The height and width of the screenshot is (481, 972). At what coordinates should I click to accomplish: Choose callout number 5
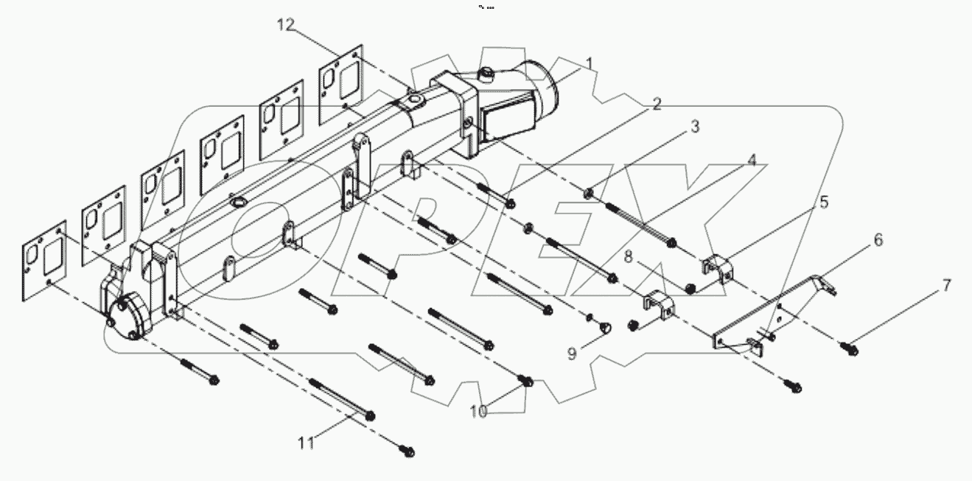[824, 201]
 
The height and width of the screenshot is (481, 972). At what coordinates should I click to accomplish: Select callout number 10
[479, 412]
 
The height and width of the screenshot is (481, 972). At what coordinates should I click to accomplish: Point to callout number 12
[286, 26]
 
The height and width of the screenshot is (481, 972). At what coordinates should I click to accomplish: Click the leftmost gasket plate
[43, 259]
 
